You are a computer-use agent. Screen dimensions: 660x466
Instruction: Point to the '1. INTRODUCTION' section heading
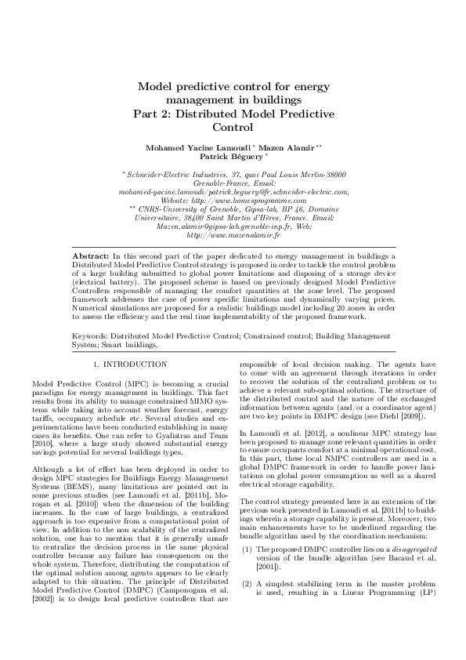pos(124,364)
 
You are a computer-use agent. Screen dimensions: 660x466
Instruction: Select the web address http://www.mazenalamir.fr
pos(233,234)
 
